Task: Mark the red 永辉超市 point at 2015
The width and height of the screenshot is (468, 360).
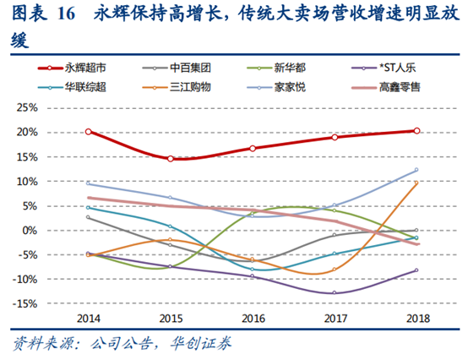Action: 170,159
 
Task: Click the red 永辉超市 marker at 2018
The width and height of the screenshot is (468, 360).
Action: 416,131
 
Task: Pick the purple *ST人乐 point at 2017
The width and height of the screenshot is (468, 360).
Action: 334,293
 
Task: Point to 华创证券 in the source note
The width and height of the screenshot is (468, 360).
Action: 202,343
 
